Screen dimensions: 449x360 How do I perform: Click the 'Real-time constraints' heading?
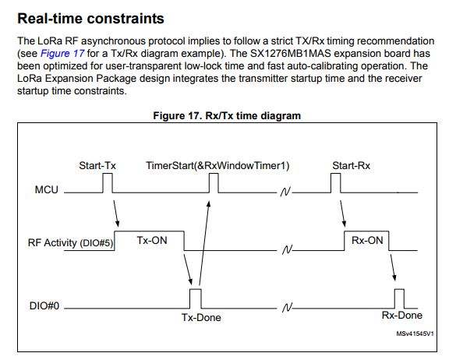(90, 19)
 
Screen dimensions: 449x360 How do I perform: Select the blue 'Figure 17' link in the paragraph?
(62, 54)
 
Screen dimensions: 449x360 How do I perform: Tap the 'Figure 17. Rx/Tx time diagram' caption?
(227, 115)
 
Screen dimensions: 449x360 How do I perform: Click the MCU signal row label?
(47, 189)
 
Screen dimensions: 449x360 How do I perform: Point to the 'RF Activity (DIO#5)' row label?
(70, 243)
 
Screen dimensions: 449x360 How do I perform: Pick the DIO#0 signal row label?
(44, 305)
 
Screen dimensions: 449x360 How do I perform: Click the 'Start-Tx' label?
(97, 165)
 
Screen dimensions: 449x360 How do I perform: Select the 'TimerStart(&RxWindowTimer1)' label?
(217, 166)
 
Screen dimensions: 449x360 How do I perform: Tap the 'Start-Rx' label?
(351, 165)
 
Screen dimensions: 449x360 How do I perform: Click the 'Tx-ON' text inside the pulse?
(152, 240)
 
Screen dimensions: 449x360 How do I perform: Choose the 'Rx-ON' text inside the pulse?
(367, 240)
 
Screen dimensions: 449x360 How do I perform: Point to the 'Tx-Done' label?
(201, 317)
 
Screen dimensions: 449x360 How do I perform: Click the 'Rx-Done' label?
(402, 315)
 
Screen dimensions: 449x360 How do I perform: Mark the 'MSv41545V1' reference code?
(415, 334)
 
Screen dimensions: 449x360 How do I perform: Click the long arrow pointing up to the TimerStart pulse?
(204, 243)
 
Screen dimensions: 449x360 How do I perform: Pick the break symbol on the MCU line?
(285, 192)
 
